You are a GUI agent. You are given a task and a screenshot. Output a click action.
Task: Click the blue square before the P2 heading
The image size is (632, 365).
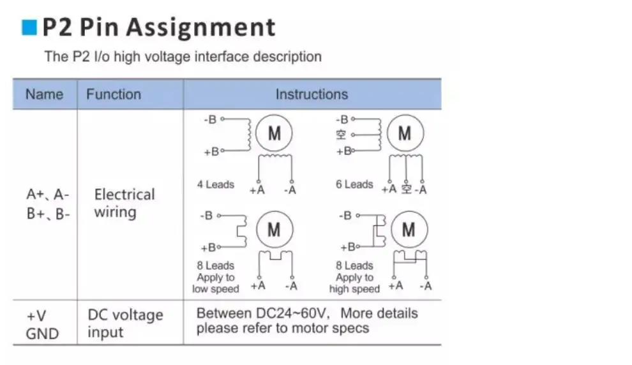click(x=30, y=27)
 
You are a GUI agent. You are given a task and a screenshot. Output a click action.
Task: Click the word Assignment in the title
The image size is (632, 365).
click(x=202, y=27)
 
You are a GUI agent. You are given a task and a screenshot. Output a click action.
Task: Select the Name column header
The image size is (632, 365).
click(x=44, y=94)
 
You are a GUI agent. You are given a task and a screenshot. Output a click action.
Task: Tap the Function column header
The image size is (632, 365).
click(x=114, y=94)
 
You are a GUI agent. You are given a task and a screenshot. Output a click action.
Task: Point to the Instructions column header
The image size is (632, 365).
click(x=312, y=94)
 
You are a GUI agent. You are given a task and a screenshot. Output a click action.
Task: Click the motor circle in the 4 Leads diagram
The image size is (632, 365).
click(x=274, y=134)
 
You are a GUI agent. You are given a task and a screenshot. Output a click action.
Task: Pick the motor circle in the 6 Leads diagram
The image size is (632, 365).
click(x=405, y=133)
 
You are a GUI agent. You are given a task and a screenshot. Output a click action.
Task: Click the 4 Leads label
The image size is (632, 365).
click(x=215, y=185)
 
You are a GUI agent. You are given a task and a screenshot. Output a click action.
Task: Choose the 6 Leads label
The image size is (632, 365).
click(x=354, y=185)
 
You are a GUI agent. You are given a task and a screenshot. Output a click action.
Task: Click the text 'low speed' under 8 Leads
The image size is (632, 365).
click(x=215, y=289)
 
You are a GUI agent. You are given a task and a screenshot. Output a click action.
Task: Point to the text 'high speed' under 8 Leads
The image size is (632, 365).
click(x=354, y=289)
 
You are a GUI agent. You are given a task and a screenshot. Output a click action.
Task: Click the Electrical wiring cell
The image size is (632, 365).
click(x=124, y=203)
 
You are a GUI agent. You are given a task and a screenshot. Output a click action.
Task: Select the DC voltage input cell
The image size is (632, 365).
click(x=125, y=323)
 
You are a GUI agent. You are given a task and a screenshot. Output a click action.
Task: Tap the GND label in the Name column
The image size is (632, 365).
click(x=42, y=333)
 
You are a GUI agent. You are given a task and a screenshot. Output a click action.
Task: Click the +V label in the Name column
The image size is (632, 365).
click(x=36, y=315)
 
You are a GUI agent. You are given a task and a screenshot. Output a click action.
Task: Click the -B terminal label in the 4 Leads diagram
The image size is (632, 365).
click(x=210, y=119)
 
